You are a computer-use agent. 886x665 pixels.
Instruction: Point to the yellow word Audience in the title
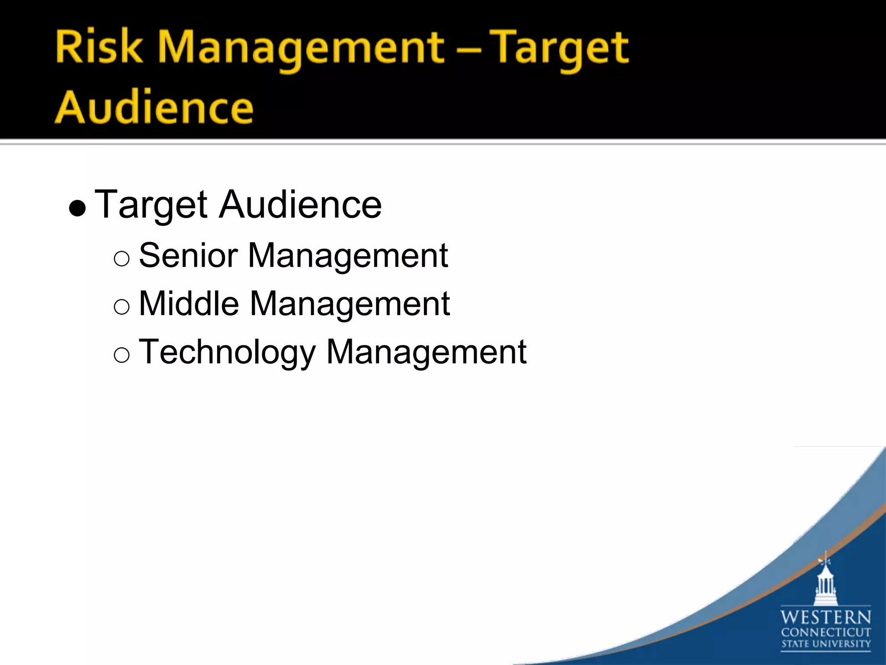(x=154, y=107)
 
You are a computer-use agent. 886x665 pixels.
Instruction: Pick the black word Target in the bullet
(x=151, y=205)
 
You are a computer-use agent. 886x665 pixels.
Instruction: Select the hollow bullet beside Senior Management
(x=122, y=259)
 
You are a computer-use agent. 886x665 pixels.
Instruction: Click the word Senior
(x=188, y=255)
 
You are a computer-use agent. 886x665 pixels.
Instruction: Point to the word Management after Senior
(x=348, y=256)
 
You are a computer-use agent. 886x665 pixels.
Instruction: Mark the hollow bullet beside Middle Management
(x=122, y=307)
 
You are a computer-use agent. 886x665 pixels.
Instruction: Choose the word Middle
(x=189, y=303)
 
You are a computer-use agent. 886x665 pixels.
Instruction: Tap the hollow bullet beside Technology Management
(x=122, y=355)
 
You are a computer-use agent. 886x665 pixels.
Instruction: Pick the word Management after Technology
(x=426, y=352)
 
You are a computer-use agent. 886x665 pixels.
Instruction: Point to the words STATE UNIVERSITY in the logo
(x=825, y=644)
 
